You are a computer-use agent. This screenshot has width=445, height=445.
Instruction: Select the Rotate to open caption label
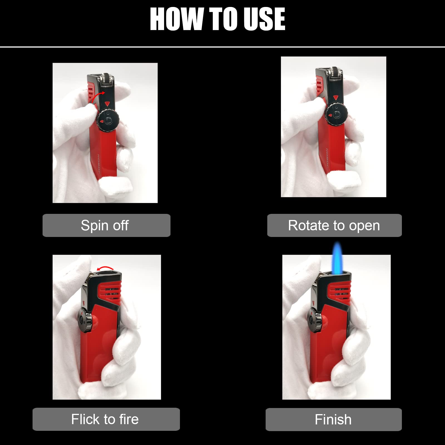tap(334, 225)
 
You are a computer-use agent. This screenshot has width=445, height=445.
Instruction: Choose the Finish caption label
tap(333, 419)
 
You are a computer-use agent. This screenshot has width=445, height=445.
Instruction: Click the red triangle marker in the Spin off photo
tap(107, 104)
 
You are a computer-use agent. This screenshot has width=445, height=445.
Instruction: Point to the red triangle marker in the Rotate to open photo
tap(336, 98)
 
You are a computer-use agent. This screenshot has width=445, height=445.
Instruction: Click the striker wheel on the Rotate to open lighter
tap(335, 73)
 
